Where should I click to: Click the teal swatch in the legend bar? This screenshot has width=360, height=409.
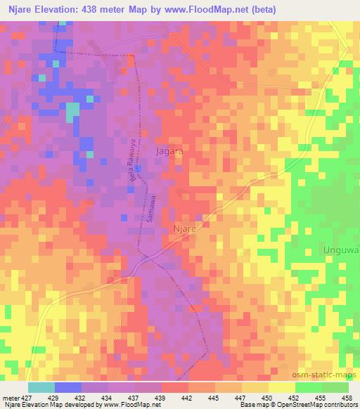click(x=41, y=387)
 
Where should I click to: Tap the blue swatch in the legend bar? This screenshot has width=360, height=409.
click(x=67, y=387)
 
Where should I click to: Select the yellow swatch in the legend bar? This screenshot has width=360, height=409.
click(x=281, y=387)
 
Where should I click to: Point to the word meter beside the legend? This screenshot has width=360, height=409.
click(x=11, y=397)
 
